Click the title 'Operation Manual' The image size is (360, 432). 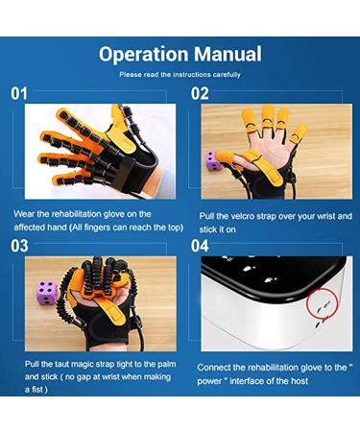coord(180,54)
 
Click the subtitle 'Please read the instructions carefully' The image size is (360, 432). coord(180,74)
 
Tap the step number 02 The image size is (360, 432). coord(200,94)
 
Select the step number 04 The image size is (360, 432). coord(200,246)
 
